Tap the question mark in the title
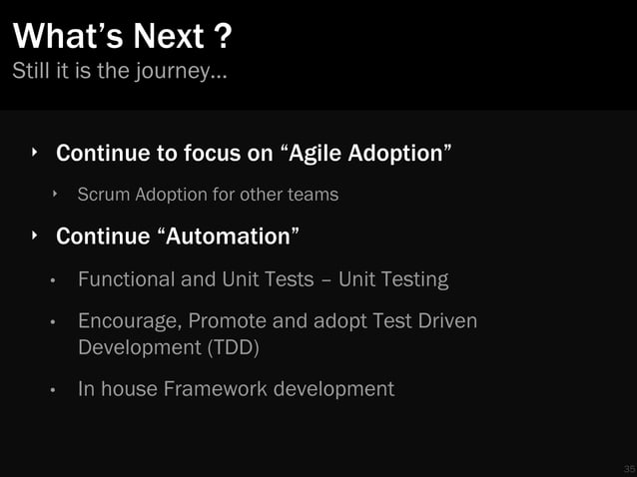click(x=224, y=37)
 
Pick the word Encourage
click(x=130, y=322)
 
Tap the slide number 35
click(x=628, y=468)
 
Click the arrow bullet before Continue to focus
click(x=33, y=153)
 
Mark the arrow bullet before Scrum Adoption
click(x=56, y=194)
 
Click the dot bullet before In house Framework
click(x=56, y=389)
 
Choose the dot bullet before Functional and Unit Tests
click(x=56, y=280)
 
